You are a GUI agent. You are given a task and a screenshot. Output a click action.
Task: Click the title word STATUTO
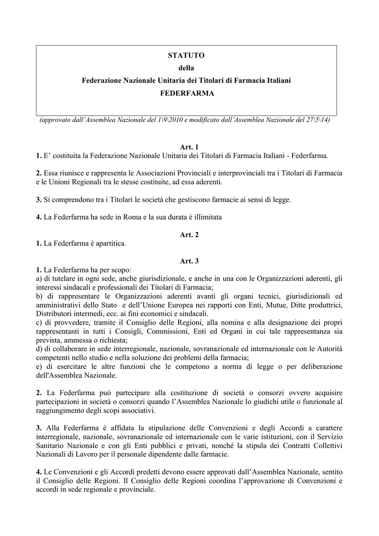tap(186, 55)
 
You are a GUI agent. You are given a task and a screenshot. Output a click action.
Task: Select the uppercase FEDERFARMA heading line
tap(186, 93)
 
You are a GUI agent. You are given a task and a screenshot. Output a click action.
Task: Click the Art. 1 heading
tap(189, 147)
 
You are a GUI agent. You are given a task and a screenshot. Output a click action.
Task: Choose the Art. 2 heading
tap(189, 235)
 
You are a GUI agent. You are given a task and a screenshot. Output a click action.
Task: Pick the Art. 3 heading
tap(189, 260)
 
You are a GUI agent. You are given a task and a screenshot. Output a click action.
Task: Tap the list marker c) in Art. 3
tap(39, 323)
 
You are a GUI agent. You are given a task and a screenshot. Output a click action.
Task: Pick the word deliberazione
tap(318, 367)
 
